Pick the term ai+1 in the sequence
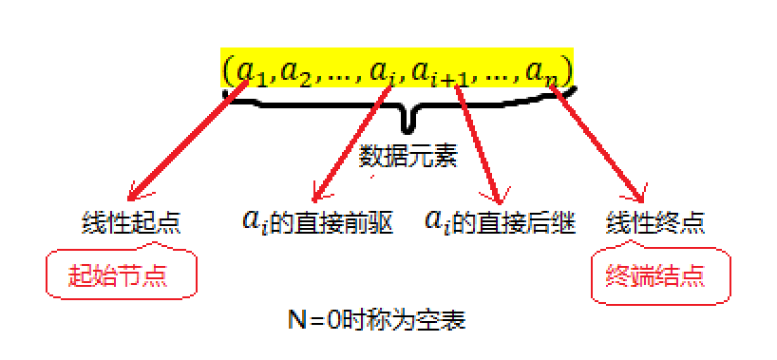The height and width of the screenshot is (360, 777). click(447, 72)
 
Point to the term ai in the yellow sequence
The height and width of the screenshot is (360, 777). click(383, 72)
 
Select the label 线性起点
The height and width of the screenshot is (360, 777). click(131, 224)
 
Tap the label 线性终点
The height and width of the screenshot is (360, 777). click(655, 224)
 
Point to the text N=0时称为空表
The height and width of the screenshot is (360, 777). click(377, 320)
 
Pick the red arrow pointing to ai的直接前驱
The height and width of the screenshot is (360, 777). click(351, 142)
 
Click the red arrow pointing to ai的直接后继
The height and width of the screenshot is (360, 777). click(479, 142)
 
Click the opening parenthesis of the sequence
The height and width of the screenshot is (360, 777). click(227, 72)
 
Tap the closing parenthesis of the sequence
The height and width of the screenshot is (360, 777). click(567, 72)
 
